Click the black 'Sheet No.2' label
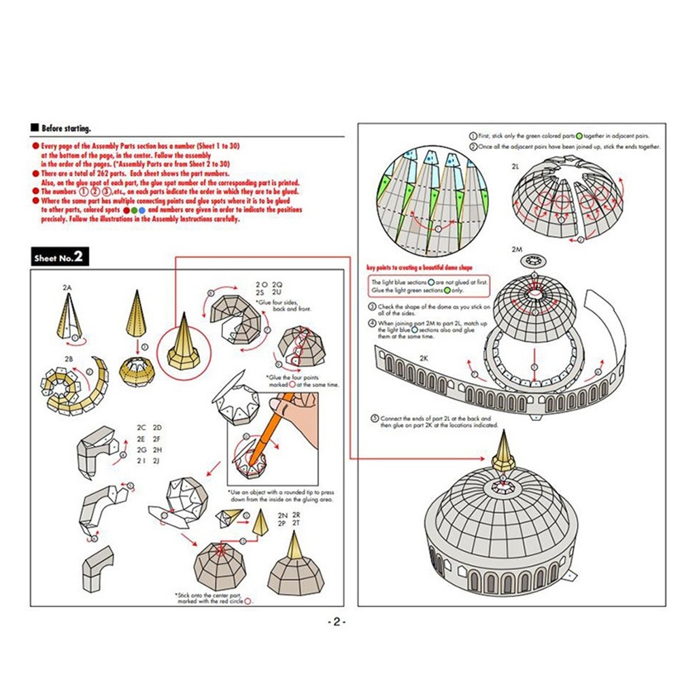58,258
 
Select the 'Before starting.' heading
65,128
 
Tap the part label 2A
67,288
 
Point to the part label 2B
69,358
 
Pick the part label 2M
516,250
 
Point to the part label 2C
141,428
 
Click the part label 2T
296,524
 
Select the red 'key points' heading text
419,268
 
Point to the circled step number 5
373,418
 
